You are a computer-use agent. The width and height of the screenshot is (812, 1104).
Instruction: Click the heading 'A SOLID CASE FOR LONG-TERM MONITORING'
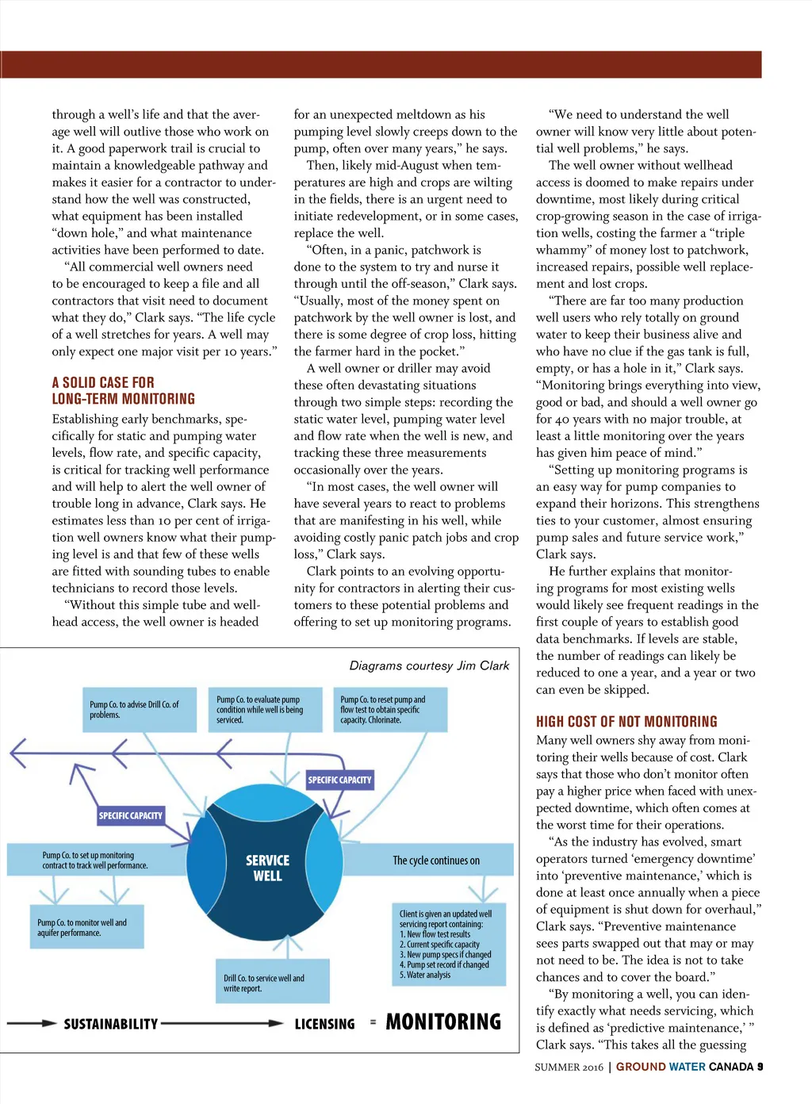click(124, 391)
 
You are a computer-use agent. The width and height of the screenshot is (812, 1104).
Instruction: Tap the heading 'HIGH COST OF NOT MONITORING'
click(626, 722)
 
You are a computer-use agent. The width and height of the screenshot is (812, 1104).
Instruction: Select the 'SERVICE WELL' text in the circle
click(267, 868)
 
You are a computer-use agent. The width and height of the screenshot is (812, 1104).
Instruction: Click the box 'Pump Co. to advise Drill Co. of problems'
click(141, 710)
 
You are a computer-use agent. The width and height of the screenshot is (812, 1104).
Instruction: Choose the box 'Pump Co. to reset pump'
click(389, 710)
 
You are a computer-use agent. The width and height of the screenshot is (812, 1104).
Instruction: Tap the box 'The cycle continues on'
click(436, 861)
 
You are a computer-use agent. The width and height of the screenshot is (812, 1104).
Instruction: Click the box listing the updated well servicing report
click(449, 944)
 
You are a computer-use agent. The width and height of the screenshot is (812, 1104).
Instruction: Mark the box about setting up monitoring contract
click(95, 861)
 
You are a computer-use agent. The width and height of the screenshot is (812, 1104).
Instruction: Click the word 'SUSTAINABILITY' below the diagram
click(111, 1024)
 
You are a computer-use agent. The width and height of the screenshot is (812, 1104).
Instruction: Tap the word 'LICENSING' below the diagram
click(324, 1024)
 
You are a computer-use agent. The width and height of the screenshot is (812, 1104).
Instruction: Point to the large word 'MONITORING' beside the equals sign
click(443, 1022)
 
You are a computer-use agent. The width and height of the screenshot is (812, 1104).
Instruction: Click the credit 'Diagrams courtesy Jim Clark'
click(429, 666)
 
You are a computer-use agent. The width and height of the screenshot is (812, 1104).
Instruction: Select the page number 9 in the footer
click(760, 1067)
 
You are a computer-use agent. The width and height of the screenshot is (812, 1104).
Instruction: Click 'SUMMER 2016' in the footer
click(569, 1068)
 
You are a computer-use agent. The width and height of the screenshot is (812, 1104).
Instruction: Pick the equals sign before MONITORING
click(373, 1022)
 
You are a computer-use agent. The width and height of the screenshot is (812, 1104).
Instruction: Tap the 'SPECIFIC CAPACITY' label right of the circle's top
click(339, 780)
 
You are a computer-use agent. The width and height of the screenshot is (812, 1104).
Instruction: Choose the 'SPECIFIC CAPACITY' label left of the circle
click(130, 815)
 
